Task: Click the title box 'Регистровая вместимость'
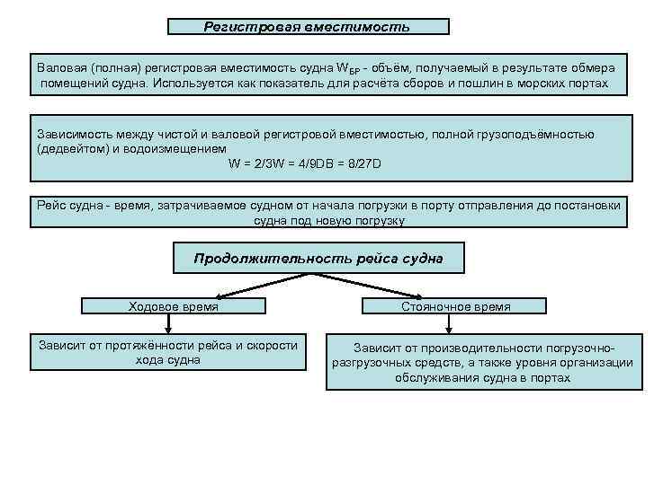[x=308, y=27]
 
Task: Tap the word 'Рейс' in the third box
[x=51, y=206]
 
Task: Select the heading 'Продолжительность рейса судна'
[x=318, y=259]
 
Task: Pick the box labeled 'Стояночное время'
[x=455, y=306]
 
